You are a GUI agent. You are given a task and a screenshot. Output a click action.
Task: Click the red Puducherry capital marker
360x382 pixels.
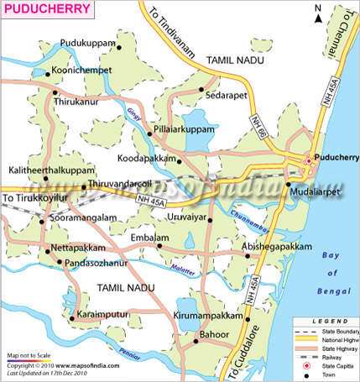tap(308, 161)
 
